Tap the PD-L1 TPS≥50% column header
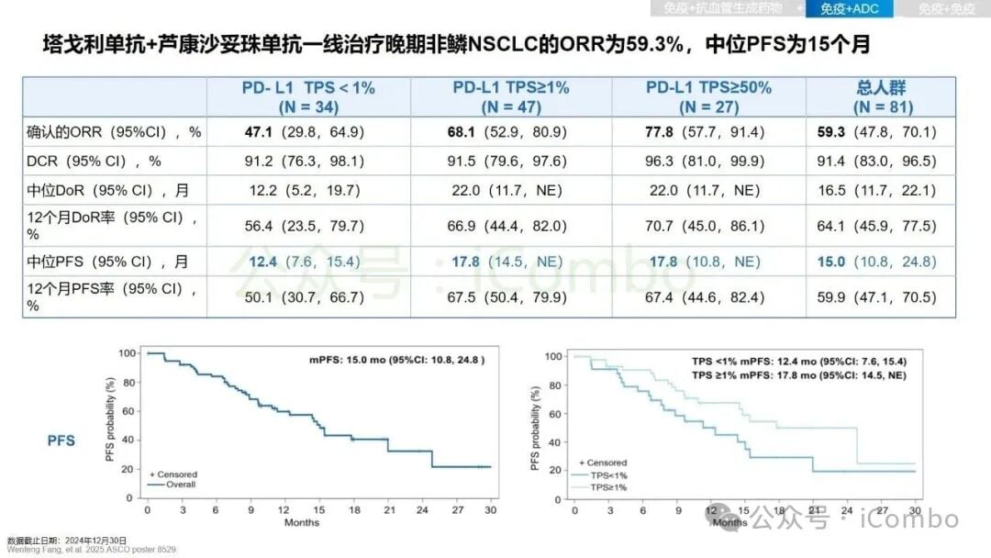pyautogui.click(x=708, y=96)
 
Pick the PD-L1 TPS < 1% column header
pyautogui.click(x=308, y=96)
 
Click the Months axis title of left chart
pyautogui.click(x=302, y=522)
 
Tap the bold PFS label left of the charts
pyautogui.click(x=61, y=441)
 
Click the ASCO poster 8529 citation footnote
pyautogui.click(x=92, y=550)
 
